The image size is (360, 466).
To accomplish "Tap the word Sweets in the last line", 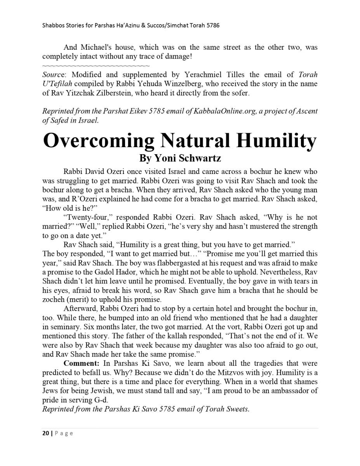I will click(x=237, y=409).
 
